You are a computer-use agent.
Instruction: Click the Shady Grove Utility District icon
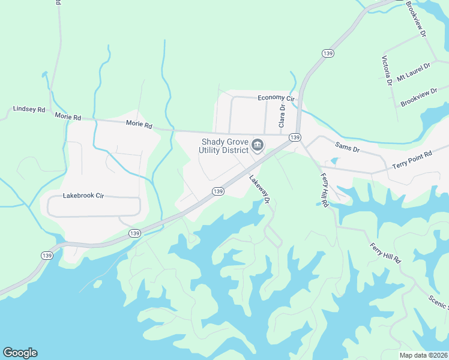point(258,145)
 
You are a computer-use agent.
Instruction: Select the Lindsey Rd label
point(29,110)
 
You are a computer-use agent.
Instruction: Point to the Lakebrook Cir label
point(88,196)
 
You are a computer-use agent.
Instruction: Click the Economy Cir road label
point(277,98)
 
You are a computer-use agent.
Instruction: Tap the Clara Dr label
point(281,115)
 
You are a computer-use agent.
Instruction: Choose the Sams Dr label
point(347,146)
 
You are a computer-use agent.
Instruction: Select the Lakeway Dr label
point(260,188)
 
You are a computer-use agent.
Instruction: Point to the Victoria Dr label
point(387,71)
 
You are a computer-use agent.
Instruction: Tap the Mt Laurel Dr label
point(414,72)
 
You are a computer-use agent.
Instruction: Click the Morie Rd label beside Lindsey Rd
point(67,116)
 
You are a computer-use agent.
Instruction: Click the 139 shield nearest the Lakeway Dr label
point(218,191)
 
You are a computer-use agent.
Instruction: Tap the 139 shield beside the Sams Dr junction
point(294,137)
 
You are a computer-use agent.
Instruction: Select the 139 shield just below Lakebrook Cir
point(134,233)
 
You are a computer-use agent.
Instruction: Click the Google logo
point(20,353)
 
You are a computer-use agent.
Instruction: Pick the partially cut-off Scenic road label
point(438,302)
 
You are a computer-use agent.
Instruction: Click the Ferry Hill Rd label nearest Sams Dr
point(324,190)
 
